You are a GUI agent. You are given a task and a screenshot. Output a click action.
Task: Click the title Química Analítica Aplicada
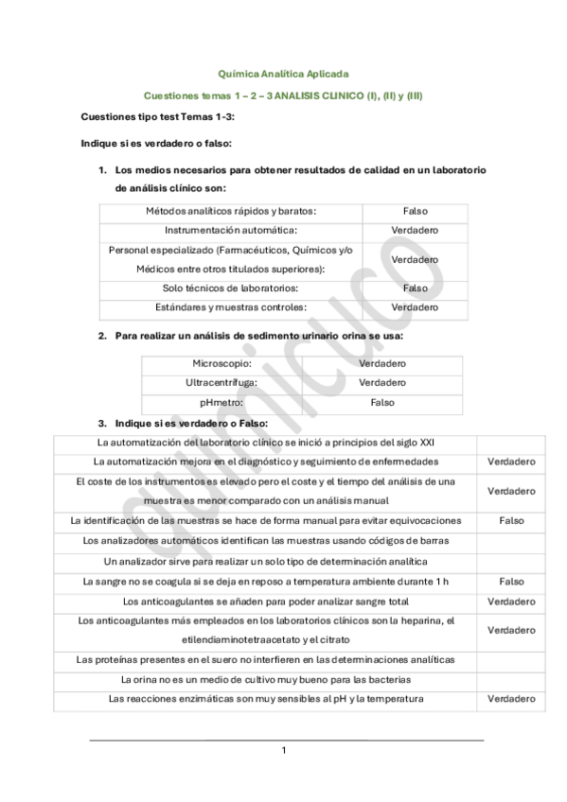click(283, 74)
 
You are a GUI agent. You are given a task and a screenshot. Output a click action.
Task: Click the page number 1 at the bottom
click(283, 750)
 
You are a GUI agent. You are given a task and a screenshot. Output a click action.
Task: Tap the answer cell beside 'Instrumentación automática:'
click(415, 230)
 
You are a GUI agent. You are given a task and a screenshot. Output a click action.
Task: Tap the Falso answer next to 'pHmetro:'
click(382, 403)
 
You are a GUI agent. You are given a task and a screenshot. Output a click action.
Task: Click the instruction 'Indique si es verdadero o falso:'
click(157, 144)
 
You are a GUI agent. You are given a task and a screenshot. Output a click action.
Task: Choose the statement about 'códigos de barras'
click(266, 541)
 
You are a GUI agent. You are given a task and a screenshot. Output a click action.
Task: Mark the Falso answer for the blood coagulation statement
click(511, 582)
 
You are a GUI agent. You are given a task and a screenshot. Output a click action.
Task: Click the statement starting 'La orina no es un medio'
click(266, 679)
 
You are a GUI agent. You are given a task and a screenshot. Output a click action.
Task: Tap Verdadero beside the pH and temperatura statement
click(511, 699)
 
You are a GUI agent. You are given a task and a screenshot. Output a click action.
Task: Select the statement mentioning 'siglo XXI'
click(266, 443)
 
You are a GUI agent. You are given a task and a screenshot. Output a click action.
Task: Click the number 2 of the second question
click(103, 336)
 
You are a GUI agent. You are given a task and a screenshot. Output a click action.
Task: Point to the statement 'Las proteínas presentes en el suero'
click(266, 659)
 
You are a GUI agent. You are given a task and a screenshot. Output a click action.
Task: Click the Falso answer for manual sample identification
click(511, 521)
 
